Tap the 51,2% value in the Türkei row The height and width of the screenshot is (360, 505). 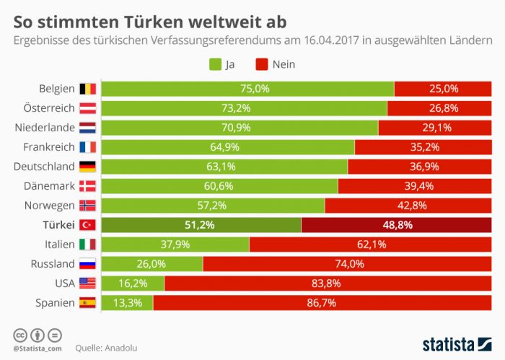201,225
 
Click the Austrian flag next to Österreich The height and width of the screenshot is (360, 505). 88,108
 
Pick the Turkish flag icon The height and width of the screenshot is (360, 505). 88,225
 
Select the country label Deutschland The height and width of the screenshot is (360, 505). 45,167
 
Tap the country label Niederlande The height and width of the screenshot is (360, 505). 45,128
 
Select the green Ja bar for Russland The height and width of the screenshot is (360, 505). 151,264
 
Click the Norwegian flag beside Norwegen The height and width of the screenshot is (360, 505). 88,206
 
